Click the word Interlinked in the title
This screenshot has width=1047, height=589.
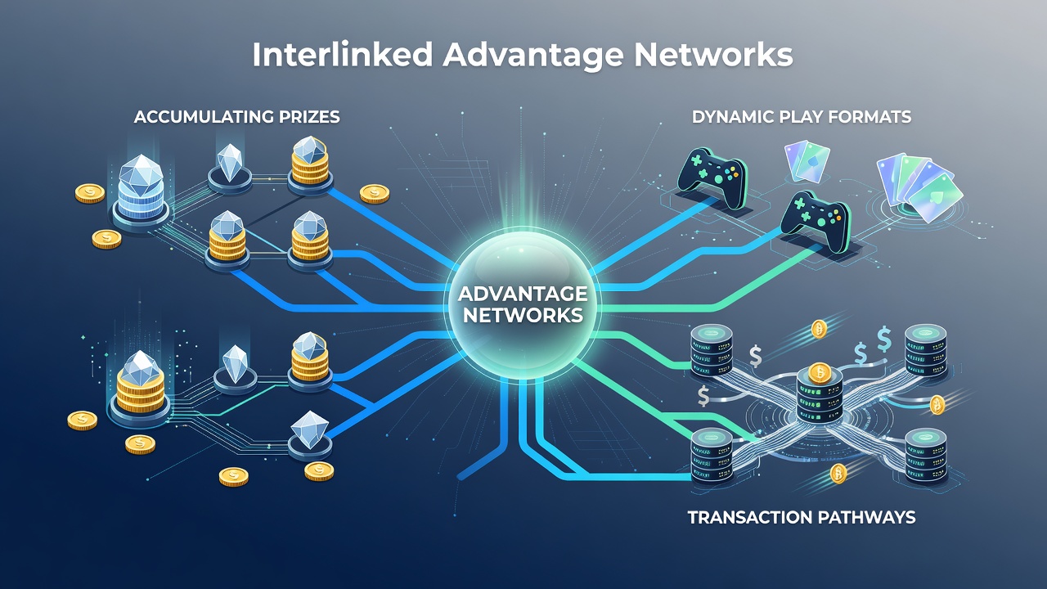343,56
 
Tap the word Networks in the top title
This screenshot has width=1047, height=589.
713,56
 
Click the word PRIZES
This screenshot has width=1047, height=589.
309,117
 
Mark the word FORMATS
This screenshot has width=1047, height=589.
870,117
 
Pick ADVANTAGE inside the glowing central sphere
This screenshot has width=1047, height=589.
523,294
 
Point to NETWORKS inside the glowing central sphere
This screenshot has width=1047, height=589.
523,315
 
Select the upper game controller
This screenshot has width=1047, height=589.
712,178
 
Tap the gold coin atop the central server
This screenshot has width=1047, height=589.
819,373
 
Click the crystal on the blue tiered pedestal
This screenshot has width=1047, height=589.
141,174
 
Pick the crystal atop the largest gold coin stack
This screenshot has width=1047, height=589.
140,368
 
